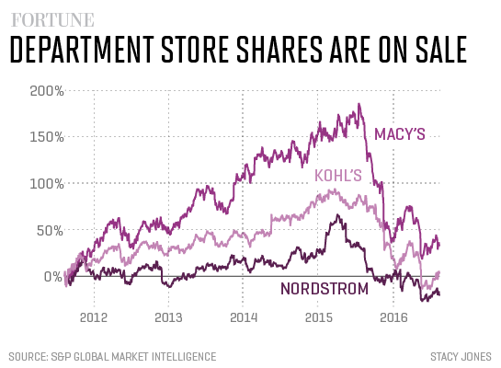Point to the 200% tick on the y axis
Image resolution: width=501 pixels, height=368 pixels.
pos(46,91)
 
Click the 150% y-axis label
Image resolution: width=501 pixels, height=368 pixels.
pos(46,137)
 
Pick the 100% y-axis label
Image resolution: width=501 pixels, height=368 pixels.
pos(46,183)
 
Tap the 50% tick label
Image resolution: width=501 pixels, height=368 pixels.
pos(50,229)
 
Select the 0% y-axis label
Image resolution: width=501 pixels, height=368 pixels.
pos(52,276)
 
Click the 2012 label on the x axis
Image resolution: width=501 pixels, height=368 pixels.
pos(93,318)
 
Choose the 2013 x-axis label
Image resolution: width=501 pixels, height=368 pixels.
pos(168,318)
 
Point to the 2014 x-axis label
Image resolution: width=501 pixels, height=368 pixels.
pos(243,318)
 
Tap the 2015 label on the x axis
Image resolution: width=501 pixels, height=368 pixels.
pos(318,318)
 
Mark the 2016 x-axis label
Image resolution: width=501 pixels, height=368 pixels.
pos(393,318)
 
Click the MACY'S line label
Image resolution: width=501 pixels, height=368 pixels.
pos(399,135)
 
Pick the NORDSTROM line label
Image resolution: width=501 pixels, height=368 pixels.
pos(324,290)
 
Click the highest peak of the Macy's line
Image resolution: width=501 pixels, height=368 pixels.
pos(358,104)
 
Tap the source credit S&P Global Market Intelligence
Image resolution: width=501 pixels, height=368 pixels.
pos(112,356)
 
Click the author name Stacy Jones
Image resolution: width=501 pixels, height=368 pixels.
pos(460,356)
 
